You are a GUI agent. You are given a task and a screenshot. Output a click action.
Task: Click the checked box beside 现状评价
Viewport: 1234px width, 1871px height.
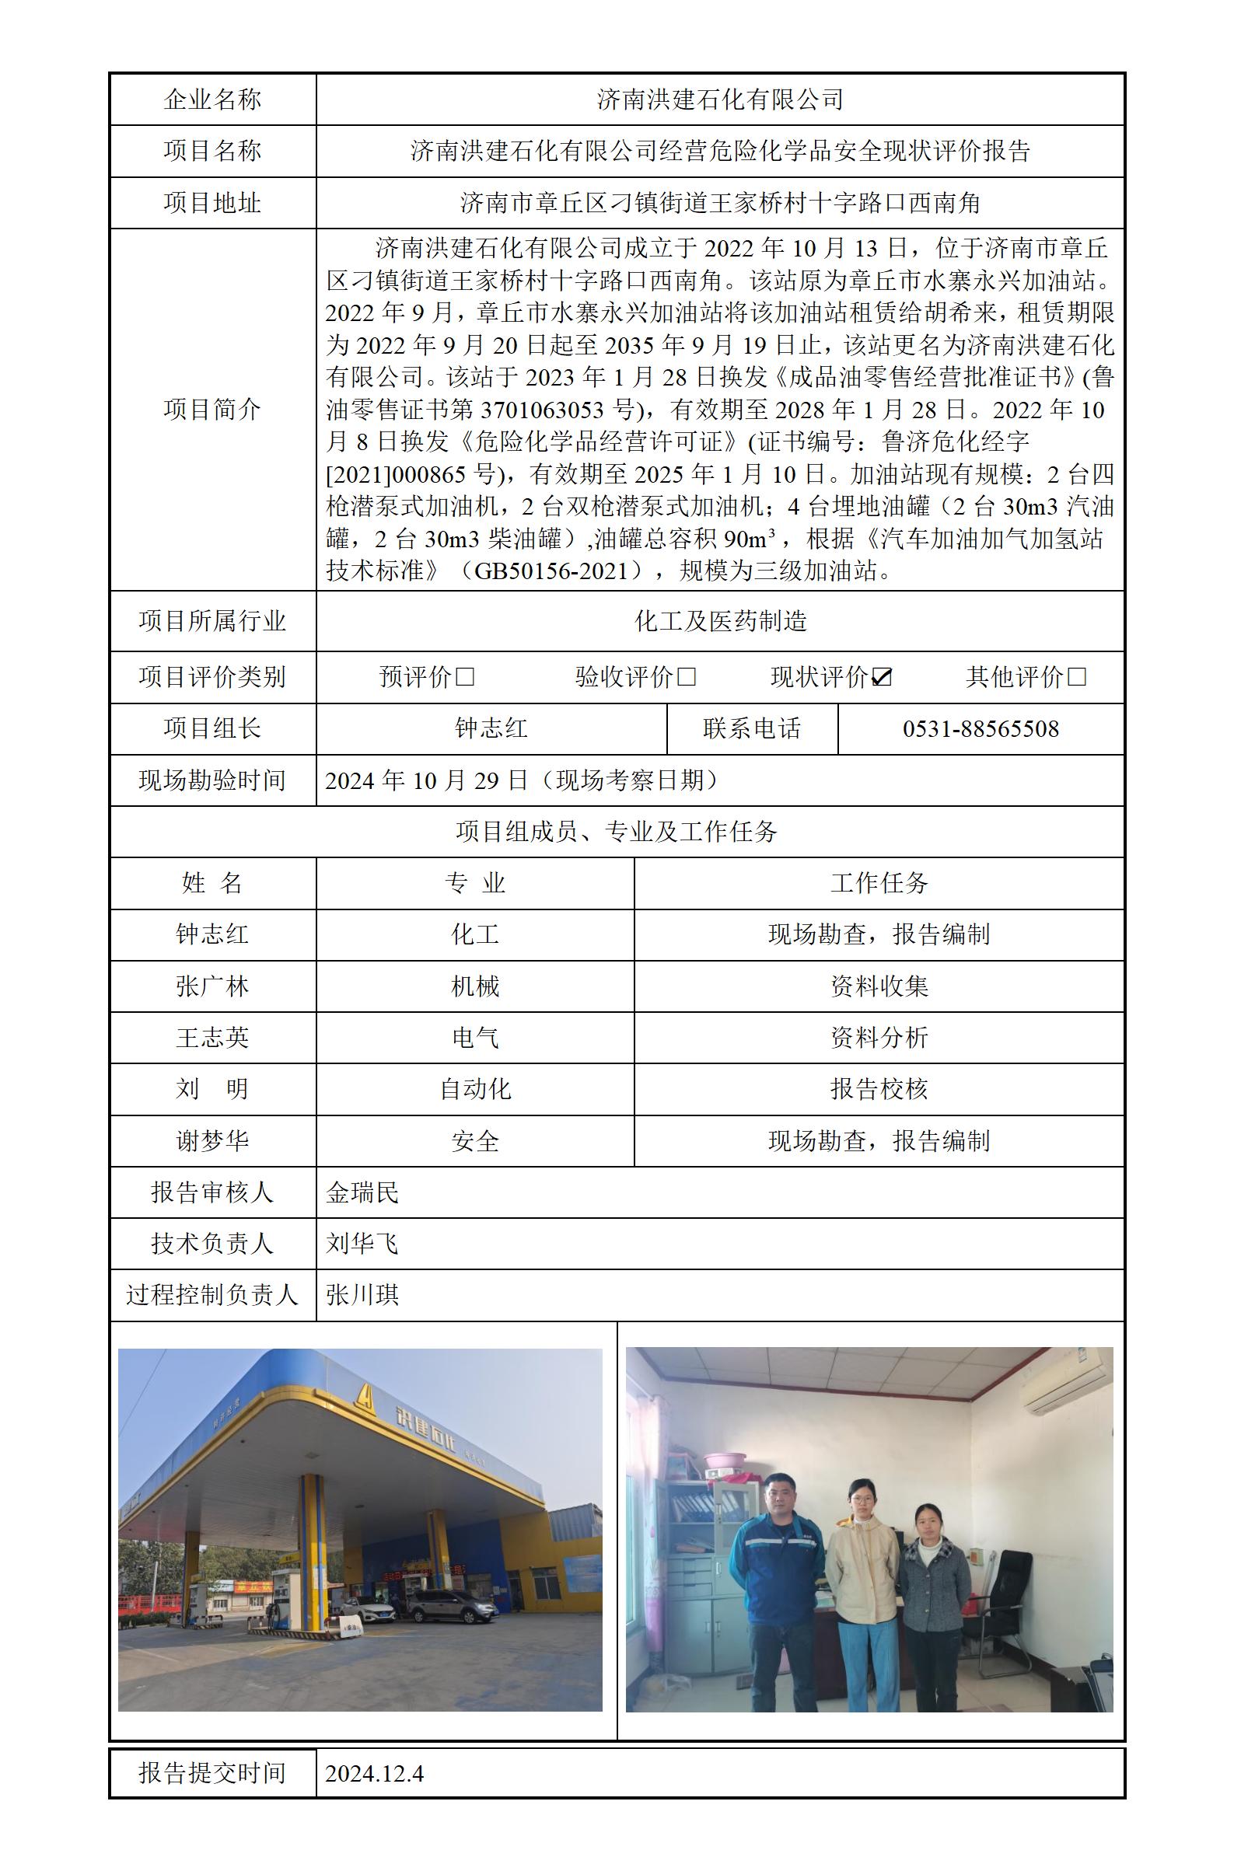(x=883, y=678)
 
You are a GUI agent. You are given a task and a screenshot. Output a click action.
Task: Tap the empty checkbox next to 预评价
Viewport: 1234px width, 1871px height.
(x=465, y=678)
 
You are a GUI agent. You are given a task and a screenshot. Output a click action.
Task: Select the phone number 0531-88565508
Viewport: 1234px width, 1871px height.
(x=980, y=728)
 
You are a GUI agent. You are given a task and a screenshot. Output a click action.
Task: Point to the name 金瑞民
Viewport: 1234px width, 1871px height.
(x=362, y=1192)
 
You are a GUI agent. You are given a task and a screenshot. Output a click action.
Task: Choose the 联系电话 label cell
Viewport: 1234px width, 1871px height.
(x=752, y=728)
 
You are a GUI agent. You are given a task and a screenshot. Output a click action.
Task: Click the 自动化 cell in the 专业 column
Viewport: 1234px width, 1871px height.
(x=474, y=1089)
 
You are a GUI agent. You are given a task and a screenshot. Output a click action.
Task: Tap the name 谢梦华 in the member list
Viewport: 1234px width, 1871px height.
(x=211, y=1141)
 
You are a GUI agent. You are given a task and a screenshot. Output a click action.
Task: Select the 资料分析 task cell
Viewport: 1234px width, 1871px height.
(x=879, y=1038)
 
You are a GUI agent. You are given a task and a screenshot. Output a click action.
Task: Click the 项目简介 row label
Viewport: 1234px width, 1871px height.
(x=211, y=409)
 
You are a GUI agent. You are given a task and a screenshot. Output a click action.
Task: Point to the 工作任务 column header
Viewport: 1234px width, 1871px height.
(x=879, y=883)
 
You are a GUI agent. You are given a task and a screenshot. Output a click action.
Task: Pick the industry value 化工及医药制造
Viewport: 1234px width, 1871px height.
(x=720, y=622)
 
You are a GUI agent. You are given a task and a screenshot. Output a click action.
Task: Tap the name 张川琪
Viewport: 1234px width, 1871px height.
(x=362, y=1295)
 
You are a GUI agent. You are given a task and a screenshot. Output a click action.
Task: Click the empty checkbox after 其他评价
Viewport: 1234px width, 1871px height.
(x=1078, y=678)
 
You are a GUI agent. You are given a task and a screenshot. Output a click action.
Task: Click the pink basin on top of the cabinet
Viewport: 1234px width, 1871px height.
(x=725, y=1463)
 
